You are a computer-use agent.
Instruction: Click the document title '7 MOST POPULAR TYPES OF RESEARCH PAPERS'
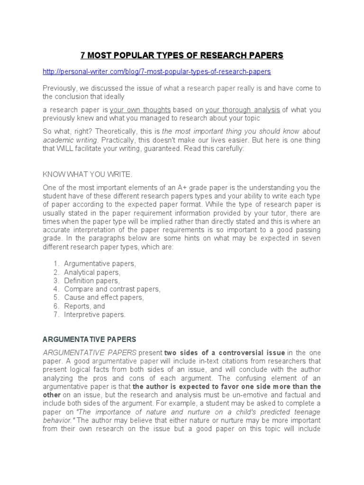182,55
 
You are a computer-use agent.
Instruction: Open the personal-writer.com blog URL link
156,72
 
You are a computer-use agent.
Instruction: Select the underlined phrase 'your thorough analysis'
243,110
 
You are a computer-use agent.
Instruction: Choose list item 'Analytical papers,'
92,272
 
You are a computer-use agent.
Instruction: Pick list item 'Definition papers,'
92,280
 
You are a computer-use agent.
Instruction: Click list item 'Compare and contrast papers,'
112,289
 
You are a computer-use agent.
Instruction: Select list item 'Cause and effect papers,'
104,297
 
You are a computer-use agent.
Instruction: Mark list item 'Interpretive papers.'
95,314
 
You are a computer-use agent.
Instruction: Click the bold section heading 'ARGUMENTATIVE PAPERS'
90,340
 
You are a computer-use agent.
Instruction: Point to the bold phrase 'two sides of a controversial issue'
225,352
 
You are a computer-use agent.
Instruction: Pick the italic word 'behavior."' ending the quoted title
59,420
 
